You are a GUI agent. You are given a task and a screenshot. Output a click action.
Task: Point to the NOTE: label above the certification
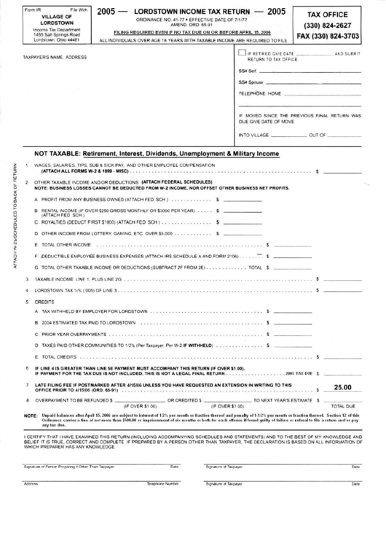31,415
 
